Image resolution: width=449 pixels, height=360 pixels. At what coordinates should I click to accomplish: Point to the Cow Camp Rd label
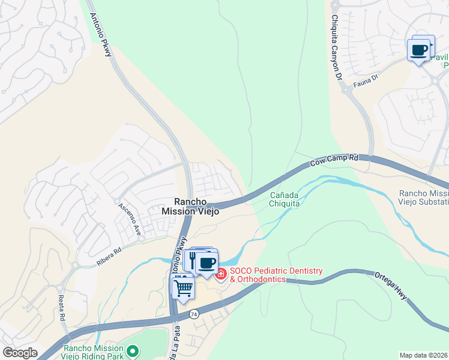tap(334, 160)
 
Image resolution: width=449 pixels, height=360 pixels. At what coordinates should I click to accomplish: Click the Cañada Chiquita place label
tap(284, 199)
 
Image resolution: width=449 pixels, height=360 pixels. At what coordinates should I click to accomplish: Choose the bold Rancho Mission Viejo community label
tap(190, 206)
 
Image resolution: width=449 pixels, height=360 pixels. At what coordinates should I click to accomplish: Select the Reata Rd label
tap(62, 310)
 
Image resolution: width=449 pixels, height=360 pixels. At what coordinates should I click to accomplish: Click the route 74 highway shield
tap(193, 314)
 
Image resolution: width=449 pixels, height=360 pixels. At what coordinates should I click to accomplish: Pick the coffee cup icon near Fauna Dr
tap(418, 49)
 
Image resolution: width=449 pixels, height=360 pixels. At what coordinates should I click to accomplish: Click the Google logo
tap(20, 353)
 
